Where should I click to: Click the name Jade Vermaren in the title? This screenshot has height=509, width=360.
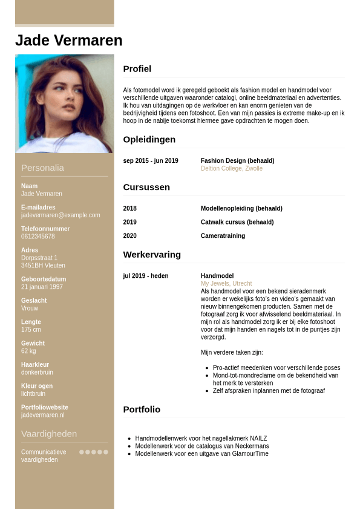pyautogui.click(x=68, y=41)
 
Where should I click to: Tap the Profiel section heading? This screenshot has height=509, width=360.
pyautogui.click(x=137, y=69)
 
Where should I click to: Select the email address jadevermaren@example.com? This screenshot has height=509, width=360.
pyautogui.click(x=61, y=215)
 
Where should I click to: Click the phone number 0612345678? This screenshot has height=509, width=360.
pyautogui.click(x=38, y=237)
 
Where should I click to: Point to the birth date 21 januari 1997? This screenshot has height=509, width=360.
pyautogui.click(x=42, y=287)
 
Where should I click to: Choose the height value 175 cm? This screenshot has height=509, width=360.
pyautogui.click(x=31, y=330)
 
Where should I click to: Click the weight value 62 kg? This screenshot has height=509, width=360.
pyautogui.click(x=28, y=351)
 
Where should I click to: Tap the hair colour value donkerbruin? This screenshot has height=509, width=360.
pyautogui.click(x=37, y=372)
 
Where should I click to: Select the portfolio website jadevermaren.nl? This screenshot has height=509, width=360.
pyautogui.click(x=42, y=415)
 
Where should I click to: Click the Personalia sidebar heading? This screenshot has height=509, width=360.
pyautogui.click(x=42, y=168)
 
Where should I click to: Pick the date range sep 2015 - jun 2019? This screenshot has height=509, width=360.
pyautogui.click(x=151, y=161)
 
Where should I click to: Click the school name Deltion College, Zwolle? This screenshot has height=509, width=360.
pyautogui.click(x=232, y=169)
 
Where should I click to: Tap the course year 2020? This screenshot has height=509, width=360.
pyautogui.click(x=130, y=236)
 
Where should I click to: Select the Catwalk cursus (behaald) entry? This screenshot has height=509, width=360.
pyautogui.click(x=237, y=222)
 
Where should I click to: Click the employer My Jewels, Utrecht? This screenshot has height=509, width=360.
pyautogui.click(x=226, y=284)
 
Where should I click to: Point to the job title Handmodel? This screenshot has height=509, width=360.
pyautogui.click(x=217, y=276)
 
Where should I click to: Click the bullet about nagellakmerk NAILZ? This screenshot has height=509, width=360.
pyautogui.click(x=201, y=438)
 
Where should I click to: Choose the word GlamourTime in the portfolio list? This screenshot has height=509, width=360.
pyautogui.click(x=253, y=454)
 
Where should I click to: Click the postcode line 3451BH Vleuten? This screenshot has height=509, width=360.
pyautogui.click(x=43, y=266)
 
